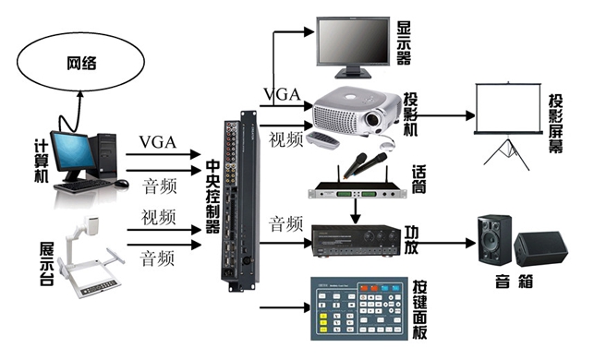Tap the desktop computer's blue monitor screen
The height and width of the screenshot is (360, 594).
[72, 151]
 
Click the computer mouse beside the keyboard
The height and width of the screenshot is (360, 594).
[122, 184]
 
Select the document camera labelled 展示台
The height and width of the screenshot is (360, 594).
[91, 257]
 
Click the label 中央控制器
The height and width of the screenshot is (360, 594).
[212, 198]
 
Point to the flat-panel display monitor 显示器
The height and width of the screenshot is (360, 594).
[353, 47]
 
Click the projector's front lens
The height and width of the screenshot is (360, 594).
[372, 120]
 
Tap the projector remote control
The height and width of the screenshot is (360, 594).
[322, 140]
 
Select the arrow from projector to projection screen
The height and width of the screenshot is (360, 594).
[446, 115]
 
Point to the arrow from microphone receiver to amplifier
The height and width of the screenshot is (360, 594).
[355, 211]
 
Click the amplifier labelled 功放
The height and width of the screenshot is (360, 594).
[356, 241]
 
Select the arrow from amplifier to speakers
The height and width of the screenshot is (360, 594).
[446, 243]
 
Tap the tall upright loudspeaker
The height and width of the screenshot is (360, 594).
[494, 239]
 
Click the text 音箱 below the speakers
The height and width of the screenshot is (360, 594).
[514, 282]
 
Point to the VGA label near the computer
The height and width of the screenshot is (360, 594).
[158, 142]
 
